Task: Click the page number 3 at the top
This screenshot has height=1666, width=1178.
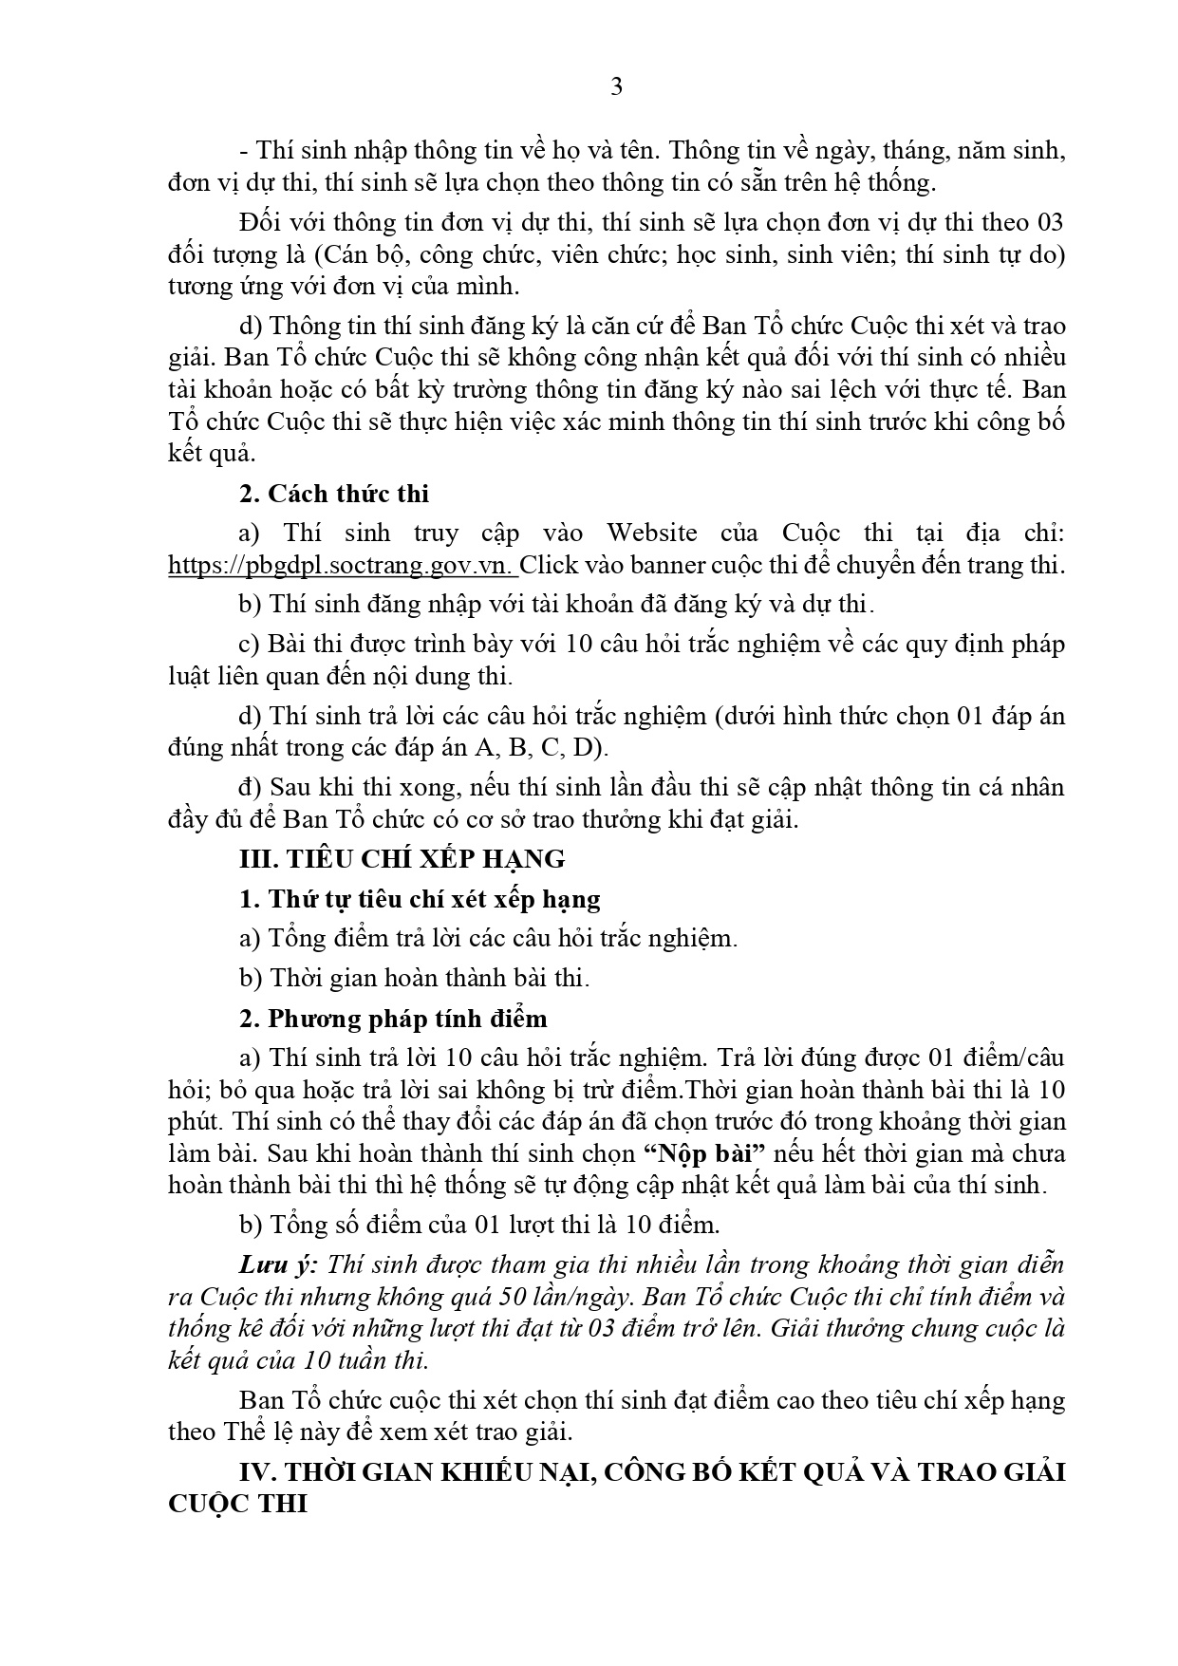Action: click(616, 87)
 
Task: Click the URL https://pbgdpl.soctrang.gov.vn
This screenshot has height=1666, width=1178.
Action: click(342, 565)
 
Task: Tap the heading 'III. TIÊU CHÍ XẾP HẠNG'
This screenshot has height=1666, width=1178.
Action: click(402, 859)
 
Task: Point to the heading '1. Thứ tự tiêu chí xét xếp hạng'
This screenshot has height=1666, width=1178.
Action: click(420, 899)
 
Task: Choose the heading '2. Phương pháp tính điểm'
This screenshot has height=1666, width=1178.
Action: click(394, 1019)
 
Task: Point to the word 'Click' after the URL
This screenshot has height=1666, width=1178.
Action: click(548, 565)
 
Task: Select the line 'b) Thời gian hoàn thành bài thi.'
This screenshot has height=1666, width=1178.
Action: click(415, 978)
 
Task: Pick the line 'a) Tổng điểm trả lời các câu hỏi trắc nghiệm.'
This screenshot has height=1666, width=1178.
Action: click(488, 938)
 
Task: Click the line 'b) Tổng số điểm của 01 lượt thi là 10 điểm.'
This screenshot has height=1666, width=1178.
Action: click(479, 1225)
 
